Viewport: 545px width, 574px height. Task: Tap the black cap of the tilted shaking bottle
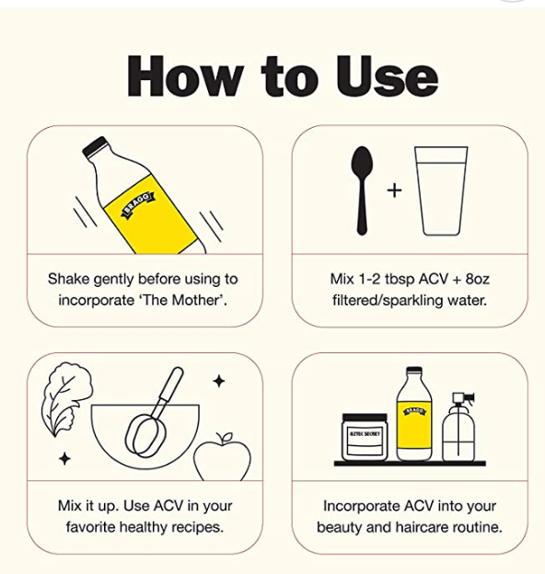pos(95,147)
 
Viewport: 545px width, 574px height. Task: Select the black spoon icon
pos(362,190)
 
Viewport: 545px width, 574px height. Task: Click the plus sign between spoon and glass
pos(394,190)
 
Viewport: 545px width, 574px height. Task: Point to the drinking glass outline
pos(441,190)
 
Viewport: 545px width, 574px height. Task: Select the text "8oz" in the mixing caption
pos(477,280)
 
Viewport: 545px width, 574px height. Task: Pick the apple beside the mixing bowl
pos(222,457)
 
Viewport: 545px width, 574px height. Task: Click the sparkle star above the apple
pos(219,382)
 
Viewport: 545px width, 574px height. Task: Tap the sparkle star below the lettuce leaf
pos(64,459)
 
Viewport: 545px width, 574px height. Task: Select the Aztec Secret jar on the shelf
pos(365,437)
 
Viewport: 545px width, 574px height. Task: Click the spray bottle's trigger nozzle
pos(464,397)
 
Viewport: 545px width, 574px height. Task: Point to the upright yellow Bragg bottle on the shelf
pos(414,414)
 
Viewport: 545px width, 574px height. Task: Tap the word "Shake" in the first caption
pos(69,280)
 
